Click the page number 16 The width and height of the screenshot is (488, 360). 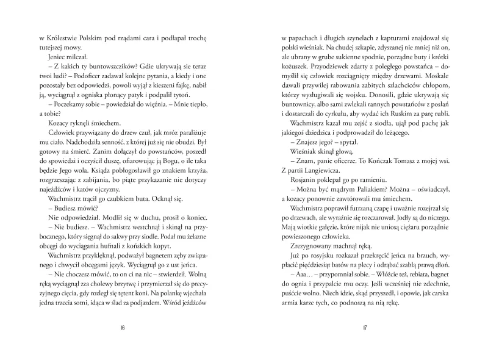[x=123, y=327]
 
